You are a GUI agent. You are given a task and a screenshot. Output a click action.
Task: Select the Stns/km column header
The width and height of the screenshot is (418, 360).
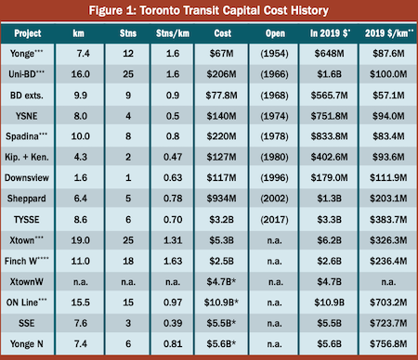(173, 33)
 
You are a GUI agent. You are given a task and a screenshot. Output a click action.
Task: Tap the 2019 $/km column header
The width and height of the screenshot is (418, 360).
(389, 33)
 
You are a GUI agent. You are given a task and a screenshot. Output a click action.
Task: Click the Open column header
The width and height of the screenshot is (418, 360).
(275, 33)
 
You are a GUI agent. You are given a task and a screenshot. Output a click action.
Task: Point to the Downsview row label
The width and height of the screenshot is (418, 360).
(27, 178)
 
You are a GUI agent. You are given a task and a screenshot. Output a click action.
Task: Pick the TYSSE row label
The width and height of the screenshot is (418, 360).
(27, 220)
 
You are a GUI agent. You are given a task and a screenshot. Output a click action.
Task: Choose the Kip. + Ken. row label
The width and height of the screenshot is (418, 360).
(27, 157)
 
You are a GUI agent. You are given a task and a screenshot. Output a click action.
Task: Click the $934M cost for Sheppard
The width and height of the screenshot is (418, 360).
(221, 199)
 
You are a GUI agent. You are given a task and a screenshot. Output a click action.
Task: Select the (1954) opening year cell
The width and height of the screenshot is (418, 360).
(274, 54)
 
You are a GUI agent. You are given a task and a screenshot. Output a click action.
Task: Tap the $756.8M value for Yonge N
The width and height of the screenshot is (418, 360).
(388, 344)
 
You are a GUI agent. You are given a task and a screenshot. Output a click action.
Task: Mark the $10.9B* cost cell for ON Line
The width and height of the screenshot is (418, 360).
(221, 302)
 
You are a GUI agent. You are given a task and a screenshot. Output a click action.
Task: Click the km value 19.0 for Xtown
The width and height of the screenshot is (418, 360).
(81, 240)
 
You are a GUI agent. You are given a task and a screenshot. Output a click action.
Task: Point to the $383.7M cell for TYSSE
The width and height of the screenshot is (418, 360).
(388, 220)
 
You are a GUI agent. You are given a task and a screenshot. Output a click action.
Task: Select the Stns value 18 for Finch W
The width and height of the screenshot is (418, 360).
(128, 261)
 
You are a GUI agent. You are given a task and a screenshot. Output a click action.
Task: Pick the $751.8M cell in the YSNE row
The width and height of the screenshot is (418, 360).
(329, 116)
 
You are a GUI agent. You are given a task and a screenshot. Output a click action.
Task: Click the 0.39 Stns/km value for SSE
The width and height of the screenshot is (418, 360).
(173, 323)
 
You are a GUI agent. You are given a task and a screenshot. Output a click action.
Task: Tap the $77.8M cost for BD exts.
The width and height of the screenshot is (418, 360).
(221, 96)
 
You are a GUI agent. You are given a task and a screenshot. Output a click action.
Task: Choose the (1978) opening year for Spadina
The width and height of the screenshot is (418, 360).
(274, 136)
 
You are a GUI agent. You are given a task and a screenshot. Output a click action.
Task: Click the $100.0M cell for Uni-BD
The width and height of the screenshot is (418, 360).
(388, 74)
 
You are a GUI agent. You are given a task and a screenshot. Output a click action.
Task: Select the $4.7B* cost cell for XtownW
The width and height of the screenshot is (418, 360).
(221, 281)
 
